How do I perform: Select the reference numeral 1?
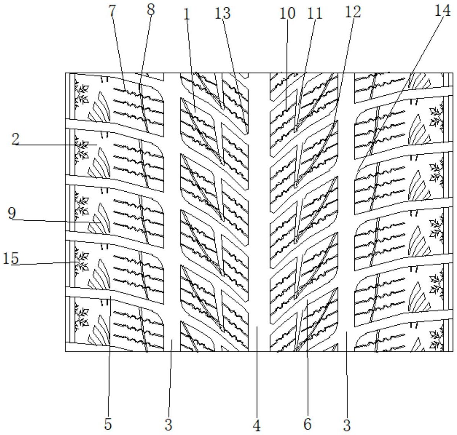click(x=187, y=14)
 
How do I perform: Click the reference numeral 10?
click(x=288, y=13)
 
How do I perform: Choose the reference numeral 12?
click(x=352, y=12)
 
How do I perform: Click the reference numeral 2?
click(x=15, y=140)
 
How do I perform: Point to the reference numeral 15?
click(x=11, y=258)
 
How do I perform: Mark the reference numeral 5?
click(x=108, y=424)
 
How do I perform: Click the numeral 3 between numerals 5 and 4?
click(x=169, y=424)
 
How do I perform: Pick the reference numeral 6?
click(x=307, y=424)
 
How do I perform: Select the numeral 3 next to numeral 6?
click(x=347, y=425)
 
